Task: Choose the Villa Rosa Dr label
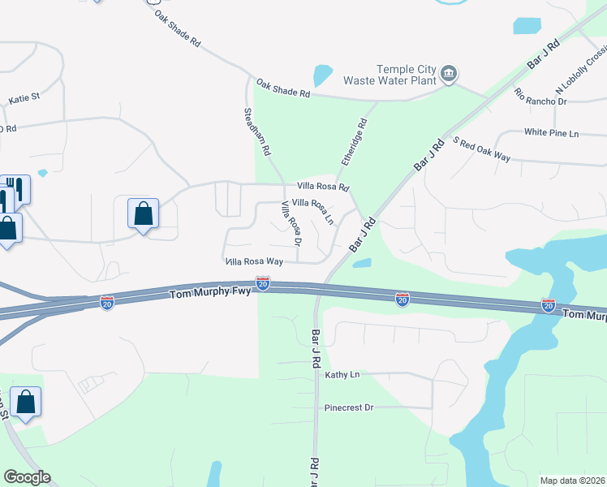pyautogui.click(x=291, y=224)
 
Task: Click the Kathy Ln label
pyautogui.click(x=342, y=375)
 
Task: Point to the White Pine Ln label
pyautogui.click(x=552, y=132)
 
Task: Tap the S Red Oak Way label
pyautogui.click(x=482, y=149)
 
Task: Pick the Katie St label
pyautogui.click(x=24, y=99)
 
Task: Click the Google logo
pyautogui.click(x=27, y=477)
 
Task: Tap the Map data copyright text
pyautogui.click(x=572, y=481)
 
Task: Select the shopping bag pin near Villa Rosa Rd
pyautogui.click(x=143, y=214)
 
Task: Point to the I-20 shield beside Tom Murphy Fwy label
pyautogui.click(x=262, y=283)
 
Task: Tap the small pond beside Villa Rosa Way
pyautogui.click(x=362, y=263)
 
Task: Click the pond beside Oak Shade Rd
pyautogui.click(x=322, y=75)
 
